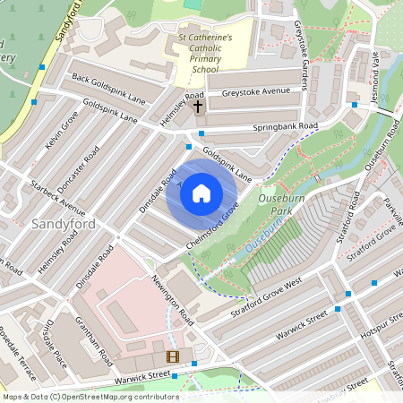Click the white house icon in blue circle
[201, 193]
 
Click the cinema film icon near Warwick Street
[172, 357]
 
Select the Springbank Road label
[285, 127]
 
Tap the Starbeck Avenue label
[57, 199]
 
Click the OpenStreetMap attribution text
[90, 396]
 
